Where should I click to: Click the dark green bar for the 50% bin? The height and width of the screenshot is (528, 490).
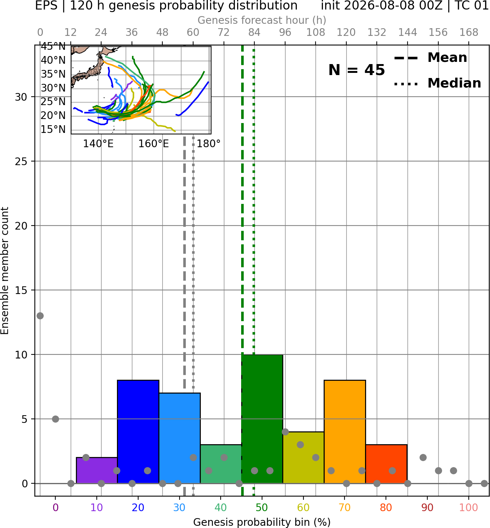(262, 419)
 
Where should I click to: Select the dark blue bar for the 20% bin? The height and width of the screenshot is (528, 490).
(138, 431)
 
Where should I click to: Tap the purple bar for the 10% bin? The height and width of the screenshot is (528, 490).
(97, 470)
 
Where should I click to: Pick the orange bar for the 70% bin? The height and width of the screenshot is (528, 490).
(345, 431)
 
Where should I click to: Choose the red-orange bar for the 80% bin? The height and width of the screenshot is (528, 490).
(386, 464)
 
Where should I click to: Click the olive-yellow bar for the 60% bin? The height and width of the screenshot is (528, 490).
(303, 457)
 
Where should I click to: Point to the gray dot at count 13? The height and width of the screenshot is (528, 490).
(40, 316)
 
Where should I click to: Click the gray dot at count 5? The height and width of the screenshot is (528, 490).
(55, 419)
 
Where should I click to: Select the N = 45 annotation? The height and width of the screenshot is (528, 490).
(357, 70)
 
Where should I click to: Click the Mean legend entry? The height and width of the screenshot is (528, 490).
(430, 57)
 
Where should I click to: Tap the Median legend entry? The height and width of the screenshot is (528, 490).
(437, 83)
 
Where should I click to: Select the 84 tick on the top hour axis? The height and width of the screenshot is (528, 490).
(254, 33)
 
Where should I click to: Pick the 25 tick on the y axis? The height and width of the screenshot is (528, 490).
(21, 161)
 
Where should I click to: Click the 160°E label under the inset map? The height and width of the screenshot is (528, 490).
(154, 144)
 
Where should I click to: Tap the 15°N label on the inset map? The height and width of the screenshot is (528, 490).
(53, 130)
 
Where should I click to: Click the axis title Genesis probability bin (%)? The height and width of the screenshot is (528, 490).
(262, 522)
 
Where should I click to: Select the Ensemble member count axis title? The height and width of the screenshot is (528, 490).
(5, 271)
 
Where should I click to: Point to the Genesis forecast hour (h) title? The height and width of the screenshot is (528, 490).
(262, 20)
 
